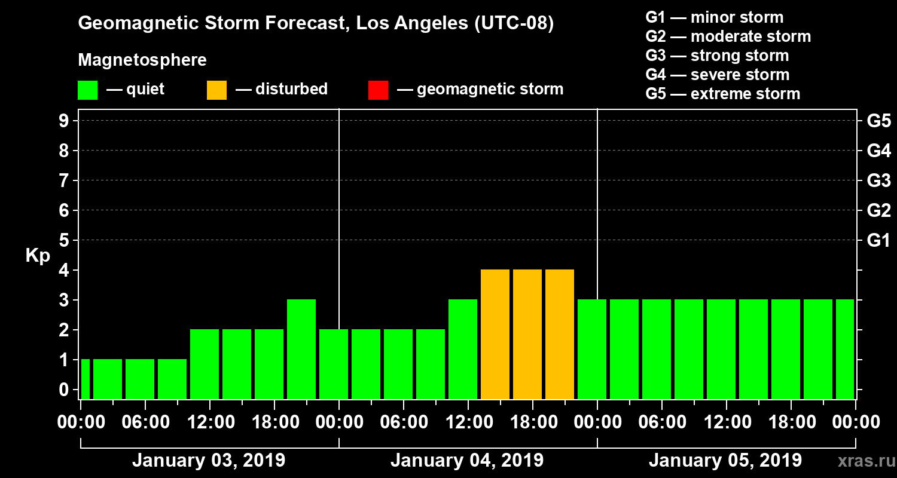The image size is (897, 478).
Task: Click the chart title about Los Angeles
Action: (316, 24)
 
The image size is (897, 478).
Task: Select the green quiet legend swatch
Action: (87, 90)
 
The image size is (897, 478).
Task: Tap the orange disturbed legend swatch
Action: (216, 90)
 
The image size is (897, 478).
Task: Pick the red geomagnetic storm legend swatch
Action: (378, 90)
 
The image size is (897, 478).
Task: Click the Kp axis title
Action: (38, 255)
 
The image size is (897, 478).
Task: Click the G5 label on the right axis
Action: (878, 121)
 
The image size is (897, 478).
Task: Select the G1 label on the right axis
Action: (878, 241)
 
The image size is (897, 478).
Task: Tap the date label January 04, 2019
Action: (467, 461)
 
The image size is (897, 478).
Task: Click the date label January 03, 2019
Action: (209, 461)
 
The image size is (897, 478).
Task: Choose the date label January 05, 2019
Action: (725, 461)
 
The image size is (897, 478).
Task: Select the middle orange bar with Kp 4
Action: (527, 334)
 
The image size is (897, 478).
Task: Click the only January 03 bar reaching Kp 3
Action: (301, 349)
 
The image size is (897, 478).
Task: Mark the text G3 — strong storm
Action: (717, 56)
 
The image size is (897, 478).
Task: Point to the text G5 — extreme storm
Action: (722, 94)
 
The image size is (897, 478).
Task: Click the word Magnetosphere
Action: (142, 60)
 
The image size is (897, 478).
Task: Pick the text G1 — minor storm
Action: (714, 17)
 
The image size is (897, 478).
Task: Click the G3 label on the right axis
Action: (878, 181)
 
